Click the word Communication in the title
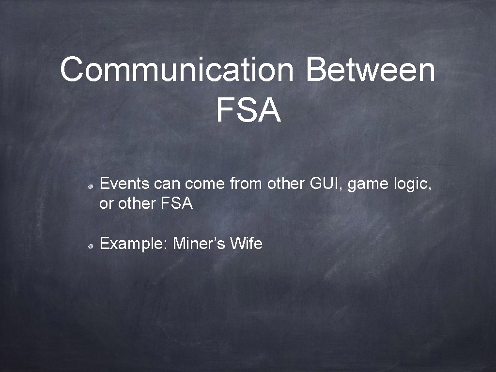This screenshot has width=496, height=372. (177, 70)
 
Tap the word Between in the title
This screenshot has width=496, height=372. (371, 69)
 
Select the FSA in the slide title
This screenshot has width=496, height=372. (248, 110)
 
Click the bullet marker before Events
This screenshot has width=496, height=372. (91, 187)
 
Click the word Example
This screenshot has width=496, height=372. (131, 244)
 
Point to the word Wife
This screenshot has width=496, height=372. (246, 243)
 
